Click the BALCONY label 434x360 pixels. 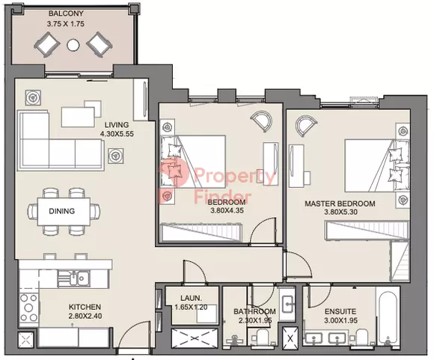pyautogui.click(x=66, y=13)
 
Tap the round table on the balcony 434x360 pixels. pyautogui.click(x=73, y=45)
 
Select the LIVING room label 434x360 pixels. pyautogui.click(x=117, y=124)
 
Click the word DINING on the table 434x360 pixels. pyautogui.click(x=61, y=211)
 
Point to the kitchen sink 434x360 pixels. pyautogui.click(x=73, y=278)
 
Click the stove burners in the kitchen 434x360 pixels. pyautogui.click(x=28, y=308)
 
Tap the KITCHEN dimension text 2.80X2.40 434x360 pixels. pyautogui.click(x=85, y=316)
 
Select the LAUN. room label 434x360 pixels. pyautogui.click(x=192, y=298)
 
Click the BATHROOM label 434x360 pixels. pyautogui.click(x=254, y=311)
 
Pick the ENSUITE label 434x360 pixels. pyautogui.click(x=340, y=311)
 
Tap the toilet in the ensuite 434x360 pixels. pyautogui.click(x=361, y=337)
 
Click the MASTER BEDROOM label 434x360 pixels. pyautogui.click(x=340, y=204)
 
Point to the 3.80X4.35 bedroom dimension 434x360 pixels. pyautogui.click(x=227, y=210)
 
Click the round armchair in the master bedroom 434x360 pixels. pyautogui.click(x=306, y=126)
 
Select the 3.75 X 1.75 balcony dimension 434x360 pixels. pyautogui.click(x=66, y=24)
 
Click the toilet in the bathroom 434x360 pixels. pyautogui.click(x=260, y=337)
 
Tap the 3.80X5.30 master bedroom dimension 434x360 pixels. pyautogui.click(x=340, y=212)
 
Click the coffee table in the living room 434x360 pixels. pyautogui.click(x=79, y=117)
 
